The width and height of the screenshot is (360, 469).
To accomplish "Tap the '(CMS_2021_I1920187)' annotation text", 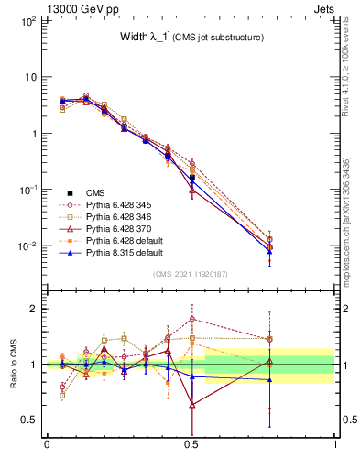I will [191, 274].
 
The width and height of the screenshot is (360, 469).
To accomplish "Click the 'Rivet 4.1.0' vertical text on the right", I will [348, 82].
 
